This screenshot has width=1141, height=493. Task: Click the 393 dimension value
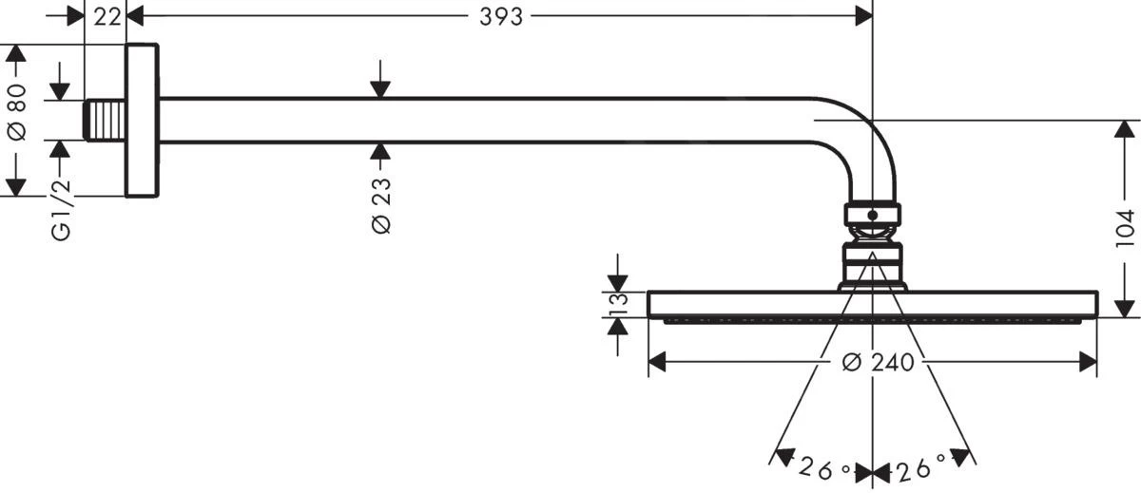point(501,17)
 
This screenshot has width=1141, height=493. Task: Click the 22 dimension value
point(107,17)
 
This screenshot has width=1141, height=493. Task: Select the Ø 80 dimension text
point(16,112)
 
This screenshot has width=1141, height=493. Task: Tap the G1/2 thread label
point(61,209)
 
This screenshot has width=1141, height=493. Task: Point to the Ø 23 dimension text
point(381,205)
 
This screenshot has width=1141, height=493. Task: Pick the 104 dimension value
point(1125,228)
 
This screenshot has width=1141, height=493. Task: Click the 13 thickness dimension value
point(618,304)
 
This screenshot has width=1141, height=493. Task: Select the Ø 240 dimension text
point(878,363)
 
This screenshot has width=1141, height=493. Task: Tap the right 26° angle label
point(921,467)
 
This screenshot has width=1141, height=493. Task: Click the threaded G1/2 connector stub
point(105,121)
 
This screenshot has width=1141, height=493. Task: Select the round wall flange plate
point(142,120)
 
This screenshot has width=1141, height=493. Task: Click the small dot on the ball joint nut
point(873,216)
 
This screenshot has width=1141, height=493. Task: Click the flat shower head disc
point(872,305)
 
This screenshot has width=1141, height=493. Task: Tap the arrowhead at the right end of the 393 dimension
point(864,16)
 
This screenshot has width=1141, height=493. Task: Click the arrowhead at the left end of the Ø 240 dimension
point(657,362)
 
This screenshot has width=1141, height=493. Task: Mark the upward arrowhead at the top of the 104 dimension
point(1125,129)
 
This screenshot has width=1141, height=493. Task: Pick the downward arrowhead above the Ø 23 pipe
point(380,89)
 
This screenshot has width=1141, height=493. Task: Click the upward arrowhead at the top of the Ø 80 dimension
point(16,53)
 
